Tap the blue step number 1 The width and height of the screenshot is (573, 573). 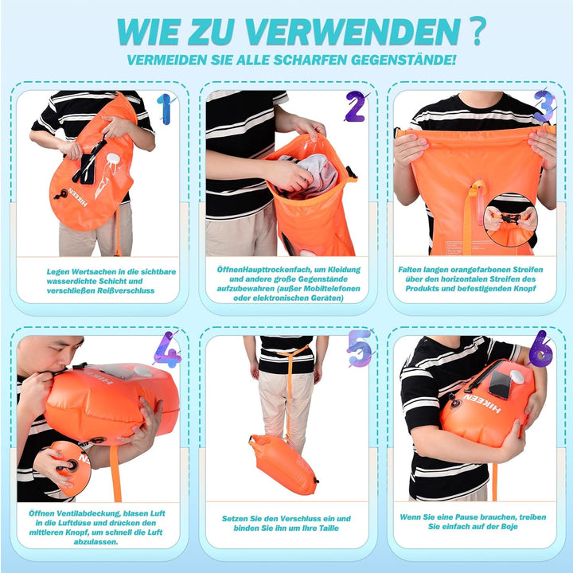(x=165, y=109)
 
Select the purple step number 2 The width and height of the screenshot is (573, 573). (x=354, y=107)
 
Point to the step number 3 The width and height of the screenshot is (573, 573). (x=544, y=105)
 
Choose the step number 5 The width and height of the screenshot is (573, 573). (x=360, y=348)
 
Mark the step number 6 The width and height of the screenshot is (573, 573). (x=541, y=348)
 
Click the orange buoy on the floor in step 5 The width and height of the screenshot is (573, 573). (x=283, y=464)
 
